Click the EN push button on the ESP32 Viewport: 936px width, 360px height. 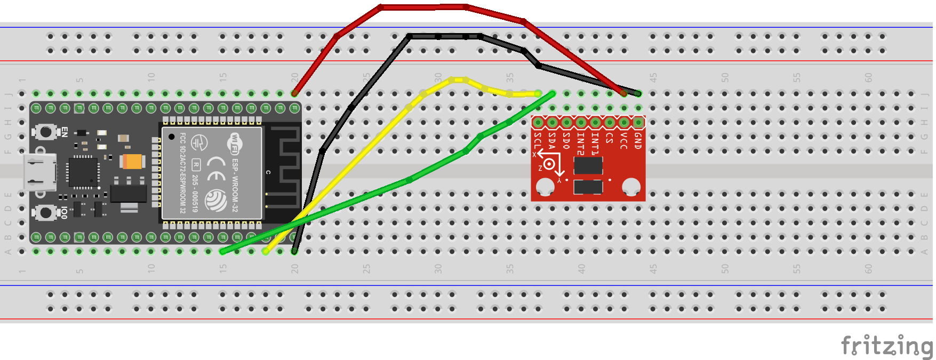[x=46, y=131]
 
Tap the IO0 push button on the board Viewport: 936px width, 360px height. [x=46, y=213]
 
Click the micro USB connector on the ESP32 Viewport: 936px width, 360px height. [x=39, y=172]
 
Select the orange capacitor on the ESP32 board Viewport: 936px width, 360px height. [x=132, y=161]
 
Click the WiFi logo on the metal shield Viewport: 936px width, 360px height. [x=234, y=143]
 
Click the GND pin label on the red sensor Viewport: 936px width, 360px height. [x=637, y=141]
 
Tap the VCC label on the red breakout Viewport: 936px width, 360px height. [x=623, y=141]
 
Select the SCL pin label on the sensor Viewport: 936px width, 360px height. [x=537, y=142]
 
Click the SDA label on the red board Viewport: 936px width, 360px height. [x=551, y=141]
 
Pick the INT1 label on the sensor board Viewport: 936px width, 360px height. [x=595, y=143]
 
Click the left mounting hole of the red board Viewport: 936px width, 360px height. [x=545, y=187]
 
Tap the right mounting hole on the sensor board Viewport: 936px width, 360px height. [x=631, y=187]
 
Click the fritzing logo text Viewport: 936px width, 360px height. [x=886, y=345]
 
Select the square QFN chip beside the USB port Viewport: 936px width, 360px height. [x=83, y=172]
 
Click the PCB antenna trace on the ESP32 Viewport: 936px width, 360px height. [x=283, y=165]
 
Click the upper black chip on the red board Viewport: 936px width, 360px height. [x=588, y=165]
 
